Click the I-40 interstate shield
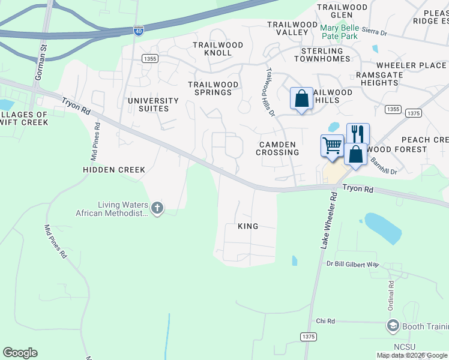138,31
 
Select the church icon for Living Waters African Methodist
157,208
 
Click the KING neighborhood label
248,226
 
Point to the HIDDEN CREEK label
113,170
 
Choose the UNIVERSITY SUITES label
153,105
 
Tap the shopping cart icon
332,145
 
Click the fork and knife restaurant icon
358,133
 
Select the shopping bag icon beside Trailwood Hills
301,98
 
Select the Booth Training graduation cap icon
393,326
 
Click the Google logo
20,353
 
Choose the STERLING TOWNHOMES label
330,55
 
